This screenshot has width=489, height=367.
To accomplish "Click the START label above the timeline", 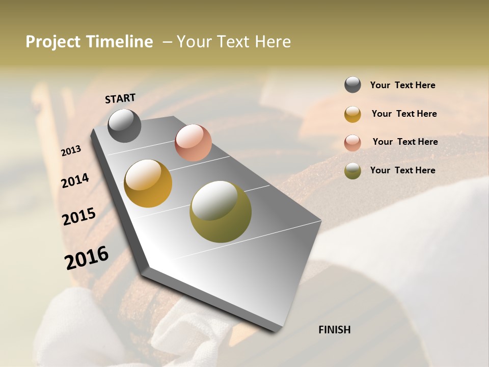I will pos(120,98).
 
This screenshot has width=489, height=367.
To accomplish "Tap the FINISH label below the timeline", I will pos(335,330).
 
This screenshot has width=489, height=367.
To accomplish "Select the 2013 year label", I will pos(71,151).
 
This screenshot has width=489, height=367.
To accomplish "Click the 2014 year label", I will pos(75,180).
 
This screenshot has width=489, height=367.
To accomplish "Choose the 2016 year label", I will pos(87,257).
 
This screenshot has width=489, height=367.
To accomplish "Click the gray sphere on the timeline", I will pos(124,125).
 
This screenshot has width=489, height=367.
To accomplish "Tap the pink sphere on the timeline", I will pos(193,143).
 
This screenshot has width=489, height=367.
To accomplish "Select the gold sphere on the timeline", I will pos(148,183).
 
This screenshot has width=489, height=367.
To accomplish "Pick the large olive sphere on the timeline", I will pos(221,212).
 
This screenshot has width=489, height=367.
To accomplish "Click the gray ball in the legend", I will pos(352,85).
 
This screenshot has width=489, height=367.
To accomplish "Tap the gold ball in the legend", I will pos(352,114).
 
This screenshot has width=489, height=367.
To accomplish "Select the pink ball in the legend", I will pos(352,143).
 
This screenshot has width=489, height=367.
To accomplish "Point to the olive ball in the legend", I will pos(352,171).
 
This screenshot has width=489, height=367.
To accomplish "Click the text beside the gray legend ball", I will pos(402,85).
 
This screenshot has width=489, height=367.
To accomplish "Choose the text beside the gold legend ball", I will pos(404,114).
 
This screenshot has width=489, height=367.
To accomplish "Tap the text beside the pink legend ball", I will pos(405,142).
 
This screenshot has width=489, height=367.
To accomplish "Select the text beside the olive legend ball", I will pos(402,170).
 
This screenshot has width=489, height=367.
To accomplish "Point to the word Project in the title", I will pos(53,42).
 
